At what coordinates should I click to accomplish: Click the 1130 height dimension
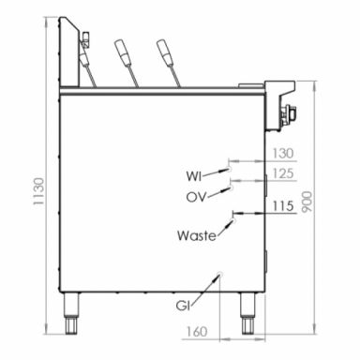pos(38,191)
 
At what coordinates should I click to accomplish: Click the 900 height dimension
pos(307,202)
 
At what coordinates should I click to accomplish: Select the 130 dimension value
pos(283,154)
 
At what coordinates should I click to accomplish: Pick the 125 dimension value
pos(283,173)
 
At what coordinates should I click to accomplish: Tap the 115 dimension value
pos(283,206)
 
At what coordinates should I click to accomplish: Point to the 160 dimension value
pos(197,332)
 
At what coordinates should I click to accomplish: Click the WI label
pos(194,176)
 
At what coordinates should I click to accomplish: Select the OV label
pos(197,197)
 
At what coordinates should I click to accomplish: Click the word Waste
pos(197,235)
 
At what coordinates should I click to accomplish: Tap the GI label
pos(183,306)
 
